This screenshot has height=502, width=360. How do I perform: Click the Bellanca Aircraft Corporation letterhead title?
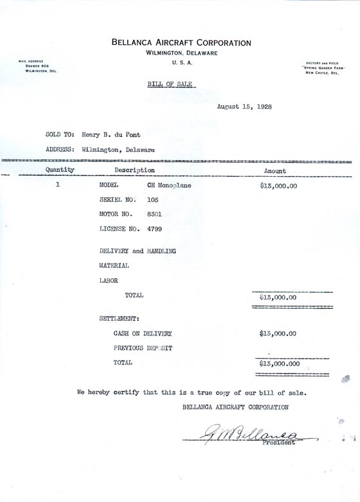[181, 42]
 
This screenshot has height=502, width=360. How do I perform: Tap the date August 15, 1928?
[244, 107]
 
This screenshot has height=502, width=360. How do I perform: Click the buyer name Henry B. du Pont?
[111, 135]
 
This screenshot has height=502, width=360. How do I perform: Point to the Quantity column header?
[60, 170]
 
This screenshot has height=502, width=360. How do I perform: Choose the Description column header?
[134, 170]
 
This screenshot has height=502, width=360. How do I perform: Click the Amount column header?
[275, 171]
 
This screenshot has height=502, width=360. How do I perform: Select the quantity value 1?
[58, 185]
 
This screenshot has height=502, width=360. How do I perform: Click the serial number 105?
[153, 200]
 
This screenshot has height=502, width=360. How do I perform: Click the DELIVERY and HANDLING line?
[138, 251]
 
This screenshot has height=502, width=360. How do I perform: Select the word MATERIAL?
[114, 265]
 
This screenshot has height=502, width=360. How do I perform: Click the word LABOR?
[109, 280]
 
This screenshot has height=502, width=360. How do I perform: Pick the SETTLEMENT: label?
[120, 318]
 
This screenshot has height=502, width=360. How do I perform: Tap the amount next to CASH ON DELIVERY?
[278, 334]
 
